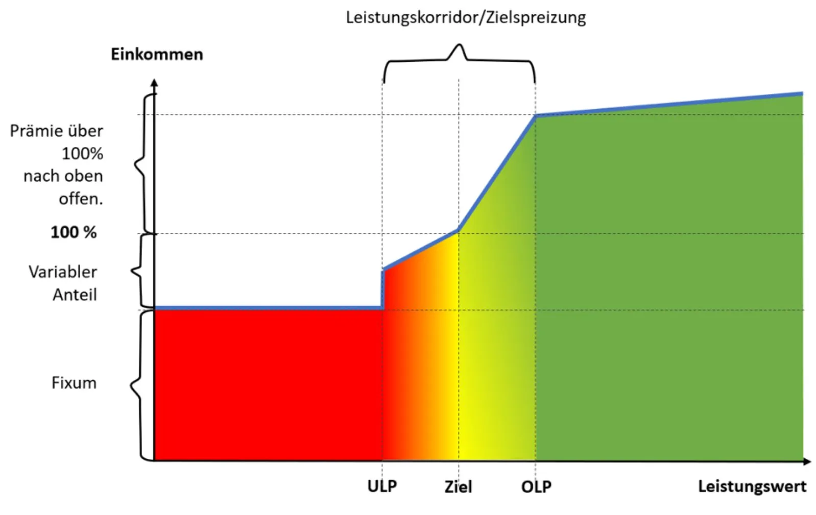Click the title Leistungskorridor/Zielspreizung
tap(465, 17)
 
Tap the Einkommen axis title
tap(157, 54)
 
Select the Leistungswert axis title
tap(752, 486)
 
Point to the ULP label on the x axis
tap(382, 486)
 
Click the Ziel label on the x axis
tap(458, 486)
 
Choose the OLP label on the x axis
tap(536, 486)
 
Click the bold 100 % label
tap(74, 232)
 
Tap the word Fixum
tap(74, 383)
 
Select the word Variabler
tap(63, 272)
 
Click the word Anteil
tap(75, 295)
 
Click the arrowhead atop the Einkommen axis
tap(154, 83)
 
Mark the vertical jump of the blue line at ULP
tap(382, 288)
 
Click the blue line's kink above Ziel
tap(458, 230)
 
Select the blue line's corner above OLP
tap(535, 116)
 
